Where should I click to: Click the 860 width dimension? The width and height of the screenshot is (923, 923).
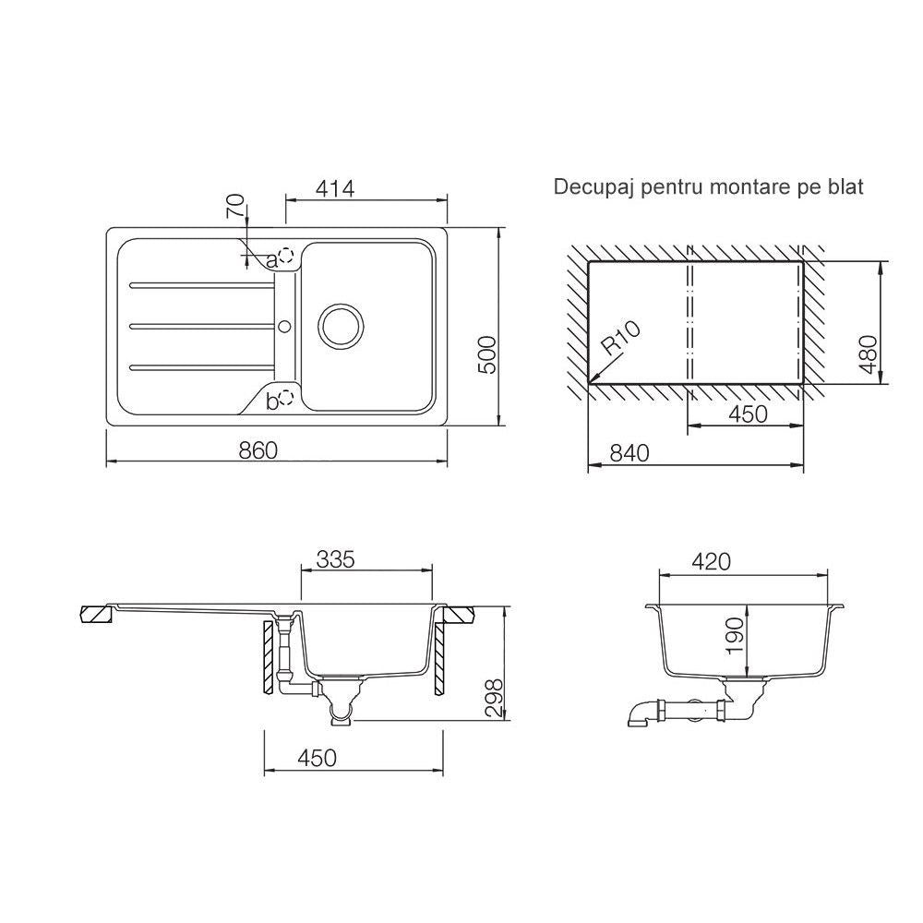point(258,450)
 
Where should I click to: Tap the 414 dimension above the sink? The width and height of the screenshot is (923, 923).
point(335,188)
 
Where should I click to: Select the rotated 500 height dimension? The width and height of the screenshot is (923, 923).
point(488,355)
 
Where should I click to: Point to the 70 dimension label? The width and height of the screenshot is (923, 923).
point(234,206)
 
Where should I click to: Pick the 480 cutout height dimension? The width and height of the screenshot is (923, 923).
point(869,354)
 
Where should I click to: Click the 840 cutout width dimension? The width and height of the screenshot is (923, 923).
point(629,452)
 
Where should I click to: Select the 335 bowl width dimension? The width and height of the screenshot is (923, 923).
point(336,558)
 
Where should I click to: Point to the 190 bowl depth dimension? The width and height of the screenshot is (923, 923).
point(736,636)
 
